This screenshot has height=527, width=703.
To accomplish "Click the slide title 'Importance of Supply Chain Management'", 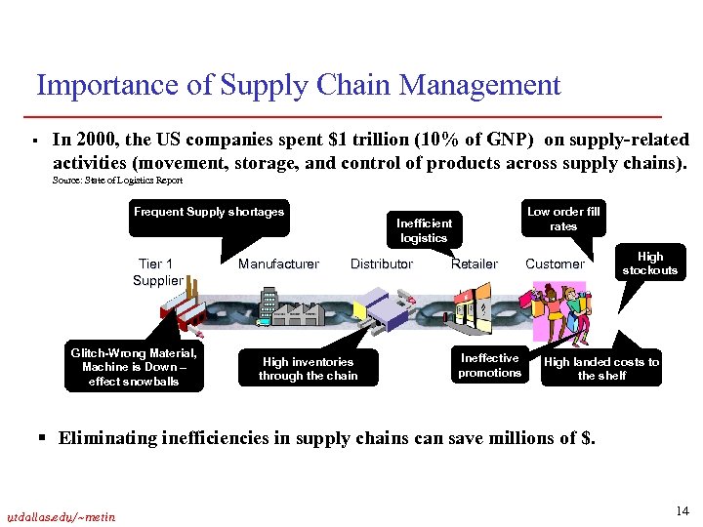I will (x=298, y=86).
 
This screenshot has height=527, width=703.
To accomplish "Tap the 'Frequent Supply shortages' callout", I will (x=209, y=212).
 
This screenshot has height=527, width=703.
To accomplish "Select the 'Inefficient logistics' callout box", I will (x=424, y=230).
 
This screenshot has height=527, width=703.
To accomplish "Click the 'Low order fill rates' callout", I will (x=563, y=219).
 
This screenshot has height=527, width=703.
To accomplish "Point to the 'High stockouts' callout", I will (x=649, y=263).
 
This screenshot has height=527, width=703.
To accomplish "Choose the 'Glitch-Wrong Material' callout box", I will (x=134, y=367).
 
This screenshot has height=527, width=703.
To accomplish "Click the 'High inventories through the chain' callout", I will (x=308, y=368).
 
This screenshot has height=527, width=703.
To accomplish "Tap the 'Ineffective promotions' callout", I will (x=489, y=365).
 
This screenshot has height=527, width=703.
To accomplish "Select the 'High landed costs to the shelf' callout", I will (x=600, y=368).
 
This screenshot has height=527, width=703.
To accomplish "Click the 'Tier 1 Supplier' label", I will (x=157, y=272).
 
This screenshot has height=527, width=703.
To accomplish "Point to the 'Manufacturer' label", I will (x=278, y=263).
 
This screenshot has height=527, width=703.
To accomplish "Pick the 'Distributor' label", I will (x=382, y=263).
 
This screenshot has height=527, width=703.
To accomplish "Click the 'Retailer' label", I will (x=475, y=263).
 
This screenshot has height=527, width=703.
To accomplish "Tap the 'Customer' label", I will (x=555, y=263).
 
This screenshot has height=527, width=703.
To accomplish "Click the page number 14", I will (x=681, y=512).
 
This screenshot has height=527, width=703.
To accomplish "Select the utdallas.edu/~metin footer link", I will (x=60, y=516).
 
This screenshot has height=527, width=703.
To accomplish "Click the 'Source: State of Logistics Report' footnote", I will (x=117, y=181).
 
